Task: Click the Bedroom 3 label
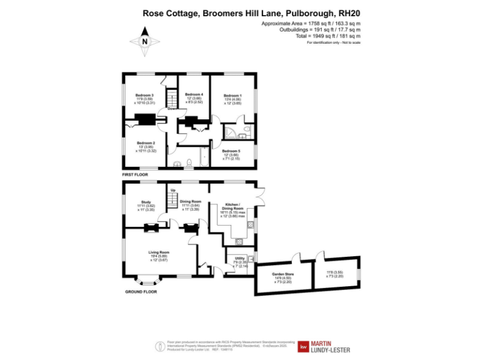pyautogui.click(x=144, y=95)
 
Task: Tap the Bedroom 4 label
pyautogui.click(x=194, y=94)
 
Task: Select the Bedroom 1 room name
pyautogui.click(x=232, y=95)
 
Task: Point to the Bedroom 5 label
pyautogui.click(x=231, y=151)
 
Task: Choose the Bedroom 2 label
pyautogui.click(x=146, y=142)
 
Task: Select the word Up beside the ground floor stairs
pyautogui.click(x=173, y=189)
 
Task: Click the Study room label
pyautogui.click(x=146, y=202)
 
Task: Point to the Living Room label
pyautogui.click(x=159, y=252)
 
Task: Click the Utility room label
pyautogui.click(x=240, y=258)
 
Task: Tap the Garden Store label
pyautogui.click(x=282, y=274)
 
